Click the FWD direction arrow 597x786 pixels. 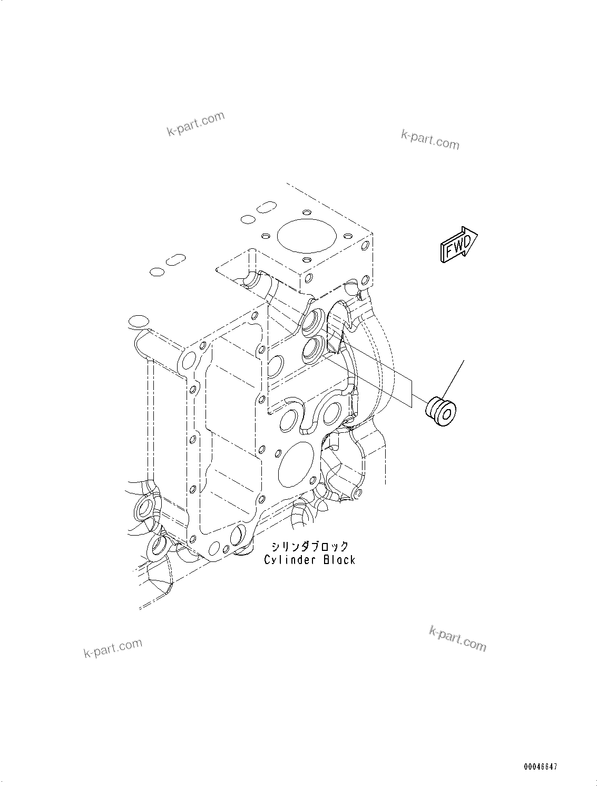pos(457,245)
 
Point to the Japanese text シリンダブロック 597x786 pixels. pos(310,546)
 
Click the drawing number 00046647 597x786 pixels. pos(540,767)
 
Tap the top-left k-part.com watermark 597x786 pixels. pos(195,123)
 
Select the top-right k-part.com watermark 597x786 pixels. pos(429,139)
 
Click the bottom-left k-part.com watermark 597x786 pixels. pos(113,647)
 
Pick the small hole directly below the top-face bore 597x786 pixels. pos(306,259)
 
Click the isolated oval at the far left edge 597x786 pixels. pos(136,321)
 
